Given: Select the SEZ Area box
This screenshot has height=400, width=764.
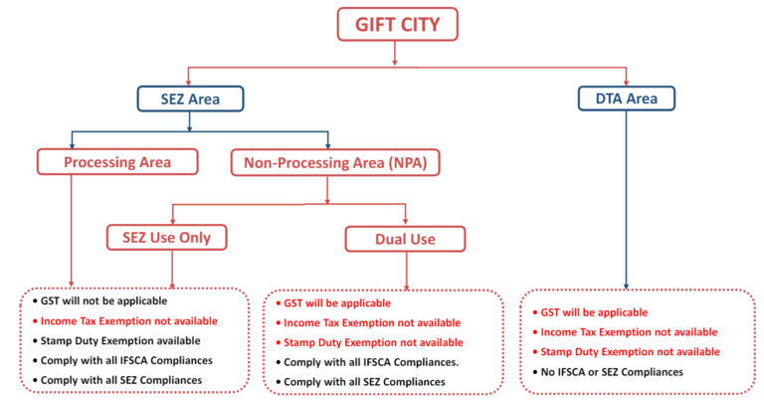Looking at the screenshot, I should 191,99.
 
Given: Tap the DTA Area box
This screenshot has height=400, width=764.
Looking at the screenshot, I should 627,99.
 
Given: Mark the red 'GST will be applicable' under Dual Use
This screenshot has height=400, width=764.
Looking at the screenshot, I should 337,302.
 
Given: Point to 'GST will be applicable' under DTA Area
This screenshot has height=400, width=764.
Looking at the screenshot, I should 592,311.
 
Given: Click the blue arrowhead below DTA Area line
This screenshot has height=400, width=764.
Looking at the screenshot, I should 626,286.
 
